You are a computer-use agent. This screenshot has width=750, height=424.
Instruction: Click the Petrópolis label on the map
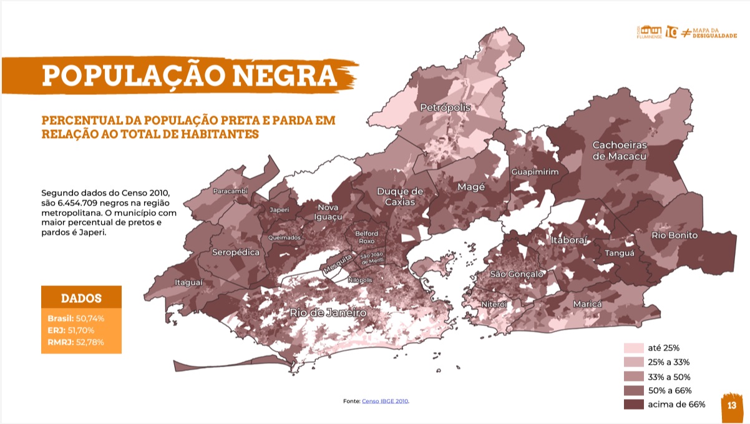tap(445, 107)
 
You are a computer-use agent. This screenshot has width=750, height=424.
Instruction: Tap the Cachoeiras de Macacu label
tap(619, 150)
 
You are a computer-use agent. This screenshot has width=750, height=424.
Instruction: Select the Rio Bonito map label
tap(675, 235)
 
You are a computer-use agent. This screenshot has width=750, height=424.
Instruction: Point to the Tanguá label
tap(619, 254)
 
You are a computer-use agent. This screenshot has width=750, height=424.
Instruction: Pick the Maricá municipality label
tap(588, 303)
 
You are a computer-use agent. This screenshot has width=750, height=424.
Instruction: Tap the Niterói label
tap(494, 304)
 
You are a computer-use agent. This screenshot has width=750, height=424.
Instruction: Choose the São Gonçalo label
tap(517, 274)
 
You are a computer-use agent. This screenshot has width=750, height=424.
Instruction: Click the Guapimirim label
tap(535, 172)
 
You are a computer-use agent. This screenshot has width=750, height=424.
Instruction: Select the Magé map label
tap(472, 187)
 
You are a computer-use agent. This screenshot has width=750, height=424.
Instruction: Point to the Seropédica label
tap(236, 253)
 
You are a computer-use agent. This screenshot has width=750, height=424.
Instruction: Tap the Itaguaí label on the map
tap(188, 282)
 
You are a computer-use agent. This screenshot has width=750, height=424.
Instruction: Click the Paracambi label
tap(231, 190)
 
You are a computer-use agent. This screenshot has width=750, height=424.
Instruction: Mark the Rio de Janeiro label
tap(327, 312)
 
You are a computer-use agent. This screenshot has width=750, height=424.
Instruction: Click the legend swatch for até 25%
tap(633, 348)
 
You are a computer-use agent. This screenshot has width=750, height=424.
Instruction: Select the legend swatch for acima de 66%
tap(633, 405)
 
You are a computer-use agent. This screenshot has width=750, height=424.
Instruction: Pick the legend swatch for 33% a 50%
tap(633, 377)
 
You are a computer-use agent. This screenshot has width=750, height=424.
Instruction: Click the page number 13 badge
tap(732, 405)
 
